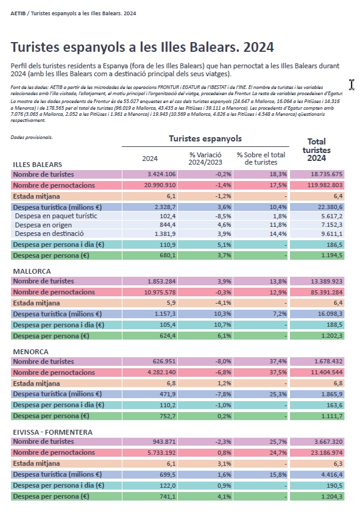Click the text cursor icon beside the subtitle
(351, 84)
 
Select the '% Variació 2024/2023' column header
(205, 159)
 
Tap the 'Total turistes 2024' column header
(317, 150)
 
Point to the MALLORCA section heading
(32, 271)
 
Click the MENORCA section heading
(30, 352)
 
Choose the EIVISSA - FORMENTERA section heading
(53, 432)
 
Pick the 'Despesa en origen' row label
(43, 225)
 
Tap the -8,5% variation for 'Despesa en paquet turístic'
(224, 216)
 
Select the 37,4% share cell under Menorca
(278, 362)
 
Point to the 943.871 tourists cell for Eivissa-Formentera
(164, 441)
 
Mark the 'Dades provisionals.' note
(32, 137)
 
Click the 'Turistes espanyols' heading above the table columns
(205, 138)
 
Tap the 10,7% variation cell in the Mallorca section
(223, 325)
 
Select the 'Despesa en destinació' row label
(49, 234)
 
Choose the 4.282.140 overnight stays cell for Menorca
(160, 373)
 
